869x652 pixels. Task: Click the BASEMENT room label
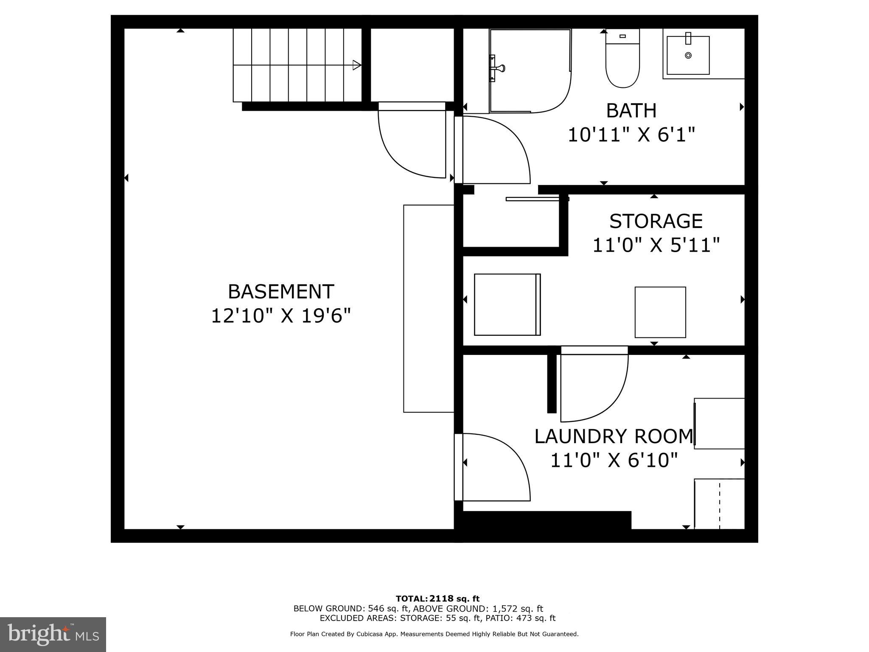(281, 292)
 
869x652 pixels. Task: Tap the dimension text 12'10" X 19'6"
(281, 316)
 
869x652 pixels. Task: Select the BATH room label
(631, 111)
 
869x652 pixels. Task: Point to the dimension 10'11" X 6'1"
(631, 135)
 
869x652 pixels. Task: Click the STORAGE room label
(656, 221)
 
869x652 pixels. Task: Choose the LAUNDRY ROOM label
(614, 436)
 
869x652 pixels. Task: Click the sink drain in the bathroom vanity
(688, 55)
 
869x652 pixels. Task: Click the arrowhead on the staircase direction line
(357, 65)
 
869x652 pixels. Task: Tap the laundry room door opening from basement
(494, 467)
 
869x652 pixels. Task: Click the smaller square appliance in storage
(660, 312)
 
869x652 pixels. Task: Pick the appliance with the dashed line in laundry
(719, 504)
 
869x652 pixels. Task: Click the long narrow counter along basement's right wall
(429, 309)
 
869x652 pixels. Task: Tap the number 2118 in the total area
(442, 599)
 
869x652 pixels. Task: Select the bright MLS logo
(53, 635)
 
